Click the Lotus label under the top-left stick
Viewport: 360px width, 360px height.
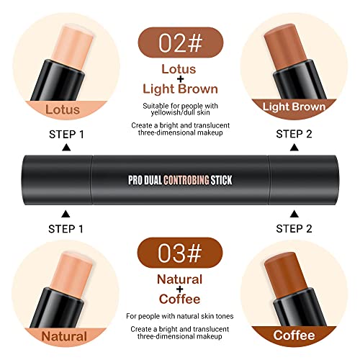point(63,109)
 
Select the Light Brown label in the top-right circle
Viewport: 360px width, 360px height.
point(294,107)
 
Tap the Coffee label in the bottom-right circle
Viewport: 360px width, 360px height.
point(294,335)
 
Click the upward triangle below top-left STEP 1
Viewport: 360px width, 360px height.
point(66,148)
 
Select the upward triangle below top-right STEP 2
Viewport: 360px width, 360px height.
point(294,148)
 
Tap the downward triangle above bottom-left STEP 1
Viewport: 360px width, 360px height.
point(66,214)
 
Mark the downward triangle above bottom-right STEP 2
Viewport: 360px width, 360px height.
point(294,214)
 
